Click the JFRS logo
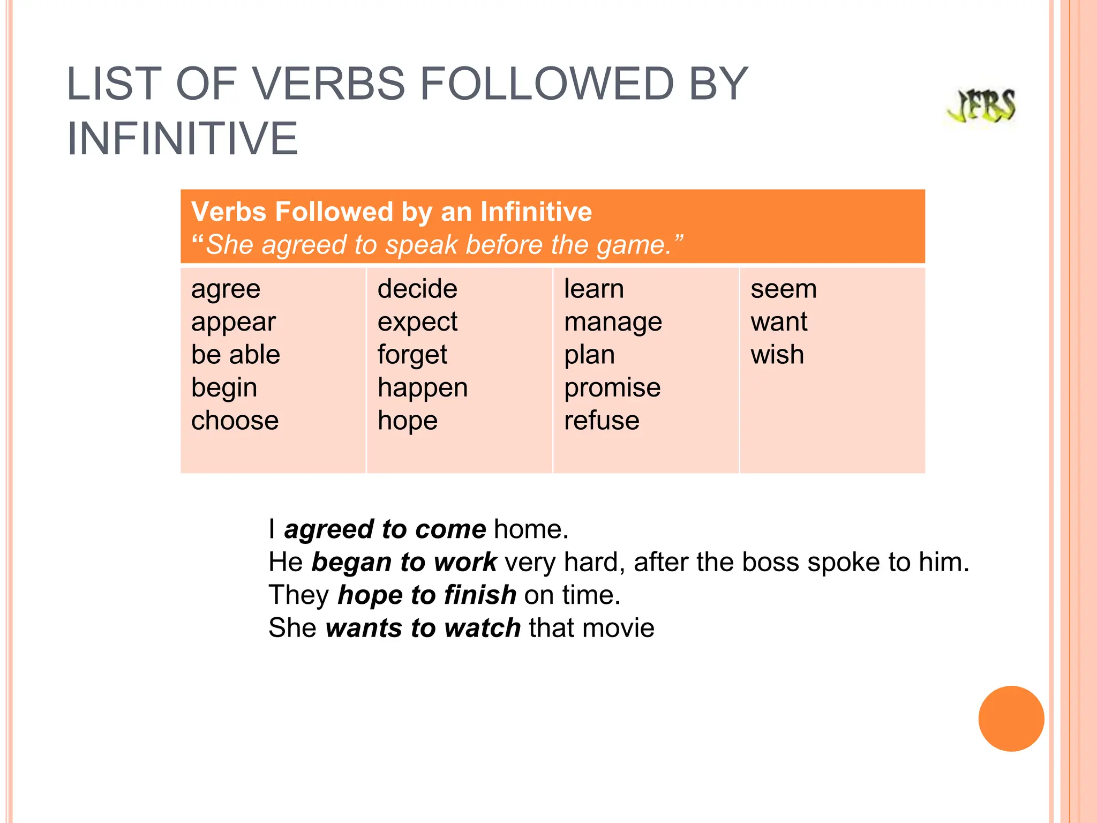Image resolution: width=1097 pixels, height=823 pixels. point(981,107)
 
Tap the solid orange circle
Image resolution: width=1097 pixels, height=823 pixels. point(1011,719)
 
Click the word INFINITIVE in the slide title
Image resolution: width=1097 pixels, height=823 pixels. point(182,139)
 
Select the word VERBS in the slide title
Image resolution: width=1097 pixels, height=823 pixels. point(328,84)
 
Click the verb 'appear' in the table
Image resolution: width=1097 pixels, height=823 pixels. point(234,323)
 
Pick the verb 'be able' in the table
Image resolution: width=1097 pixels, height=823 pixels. point(236,355)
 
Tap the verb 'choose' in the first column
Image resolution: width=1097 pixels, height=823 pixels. point(235,421)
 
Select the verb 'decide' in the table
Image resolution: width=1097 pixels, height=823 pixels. point(417,289)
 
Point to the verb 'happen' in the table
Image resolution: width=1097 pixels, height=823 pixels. point(423,388)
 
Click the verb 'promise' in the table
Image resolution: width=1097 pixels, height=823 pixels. point(612,388)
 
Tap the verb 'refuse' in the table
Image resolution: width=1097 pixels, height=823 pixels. point(602,421)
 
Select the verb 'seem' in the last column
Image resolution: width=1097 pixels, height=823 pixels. point(784,289)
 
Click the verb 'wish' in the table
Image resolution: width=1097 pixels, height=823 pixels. point(777,355)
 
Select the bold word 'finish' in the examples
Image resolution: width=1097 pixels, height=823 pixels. point(480,595)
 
